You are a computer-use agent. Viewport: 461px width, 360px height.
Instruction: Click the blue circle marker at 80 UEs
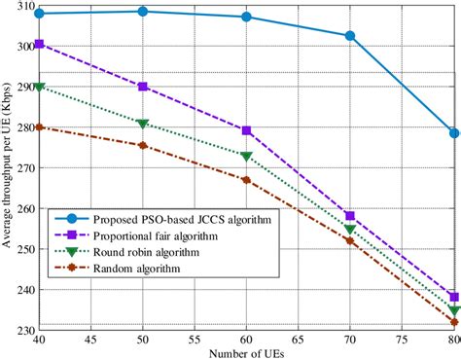tap(454, 132)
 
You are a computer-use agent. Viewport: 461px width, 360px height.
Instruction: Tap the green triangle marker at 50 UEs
tap(143, 124)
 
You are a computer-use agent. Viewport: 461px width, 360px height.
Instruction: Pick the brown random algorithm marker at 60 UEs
tap(246, 180)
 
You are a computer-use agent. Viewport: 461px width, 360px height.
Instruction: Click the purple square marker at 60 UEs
tap(246, 130)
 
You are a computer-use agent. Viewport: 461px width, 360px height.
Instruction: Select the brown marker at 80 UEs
tap(454, 322)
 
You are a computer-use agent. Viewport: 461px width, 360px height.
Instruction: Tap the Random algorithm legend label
tap(140, 269)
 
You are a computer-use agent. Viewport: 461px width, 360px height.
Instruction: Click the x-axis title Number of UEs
tap(246, 352)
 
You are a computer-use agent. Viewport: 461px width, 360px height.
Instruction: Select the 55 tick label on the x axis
tap(195, 340)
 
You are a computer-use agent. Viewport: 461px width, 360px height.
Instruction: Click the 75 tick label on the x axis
tap(402, 340)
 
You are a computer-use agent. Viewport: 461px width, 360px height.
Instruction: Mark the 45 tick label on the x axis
tap(90, 340)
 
